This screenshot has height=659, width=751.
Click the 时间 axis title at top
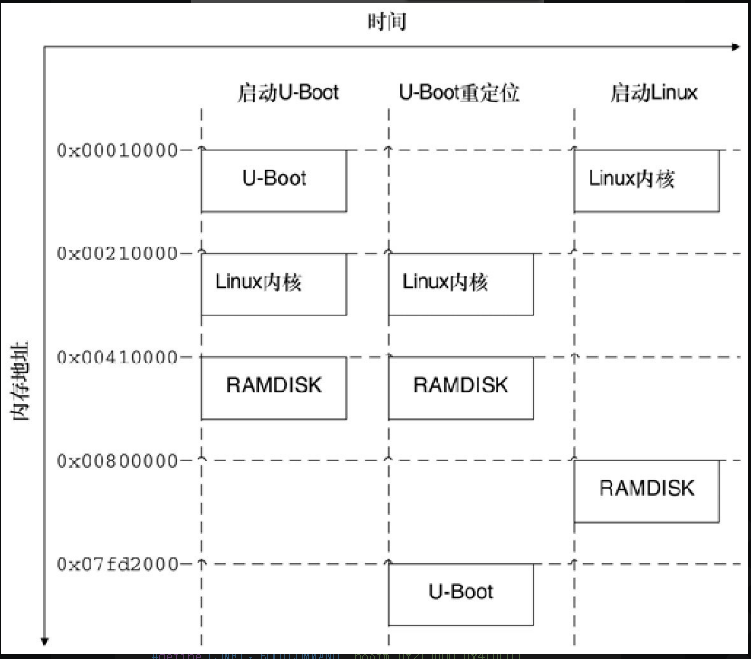click(x=387, y=21)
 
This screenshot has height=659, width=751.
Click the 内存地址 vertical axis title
click(x=21, y=380)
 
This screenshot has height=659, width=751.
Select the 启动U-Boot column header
click(x=287, y=92)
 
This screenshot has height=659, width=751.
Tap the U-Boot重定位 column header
click(x=459, y=92)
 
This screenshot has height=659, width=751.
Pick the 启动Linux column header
click(x=653, y=92)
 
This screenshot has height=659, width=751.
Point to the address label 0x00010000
click(x=117, y=150)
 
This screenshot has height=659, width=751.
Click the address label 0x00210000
click(x=117, y=253)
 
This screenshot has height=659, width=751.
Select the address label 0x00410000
click(x=117, y=357)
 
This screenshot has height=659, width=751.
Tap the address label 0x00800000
click(x=117, y=460)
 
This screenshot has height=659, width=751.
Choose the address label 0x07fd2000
click(x=117, y=564)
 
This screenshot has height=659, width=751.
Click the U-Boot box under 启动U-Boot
click(x=274, y=180)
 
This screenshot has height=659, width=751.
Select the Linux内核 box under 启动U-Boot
click(x=274, y=284)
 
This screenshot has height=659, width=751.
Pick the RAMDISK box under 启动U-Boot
click(x=274, y=387)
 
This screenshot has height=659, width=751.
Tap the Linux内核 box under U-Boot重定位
click(x=460, y=284)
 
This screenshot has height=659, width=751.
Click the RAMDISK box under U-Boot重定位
click(x=460, y=387)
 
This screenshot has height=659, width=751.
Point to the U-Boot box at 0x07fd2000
click(x=460, y=594)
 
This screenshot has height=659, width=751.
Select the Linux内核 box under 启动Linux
click(x=647, y=180)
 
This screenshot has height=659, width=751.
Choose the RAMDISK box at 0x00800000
click(x=647, y=490)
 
